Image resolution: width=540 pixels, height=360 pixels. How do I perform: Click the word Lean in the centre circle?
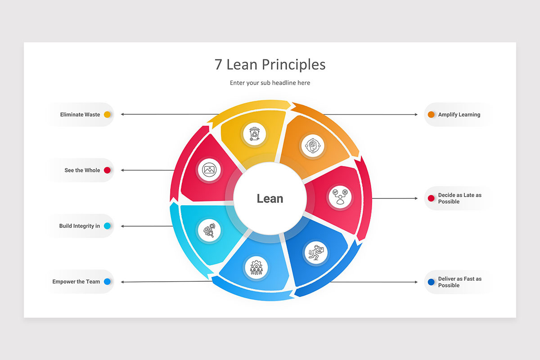[270, 199]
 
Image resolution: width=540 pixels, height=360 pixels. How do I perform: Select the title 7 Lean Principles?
[270, 65]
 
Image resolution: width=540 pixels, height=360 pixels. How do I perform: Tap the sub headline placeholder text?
[270, 83]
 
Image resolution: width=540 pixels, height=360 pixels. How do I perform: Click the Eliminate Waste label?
[80, 115]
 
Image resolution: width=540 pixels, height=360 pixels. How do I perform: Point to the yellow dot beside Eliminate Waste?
[107, 115]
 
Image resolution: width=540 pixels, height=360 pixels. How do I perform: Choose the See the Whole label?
[82, 170]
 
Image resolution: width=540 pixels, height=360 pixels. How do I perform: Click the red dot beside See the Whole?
[107, 170]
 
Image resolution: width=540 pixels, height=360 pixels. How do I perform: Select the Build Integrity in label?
[80, 226]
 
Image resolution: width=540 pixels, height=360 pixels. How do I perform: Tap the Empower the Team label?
[76, 282]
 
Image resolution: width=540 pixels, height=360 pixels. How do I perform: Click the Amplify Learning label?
[459, 115]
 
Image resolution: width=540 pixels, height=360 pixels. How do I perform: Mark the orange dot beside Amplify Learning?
[431, 115]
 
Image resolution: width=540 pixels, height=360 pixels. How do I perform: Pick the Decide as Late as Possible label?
[460, 198]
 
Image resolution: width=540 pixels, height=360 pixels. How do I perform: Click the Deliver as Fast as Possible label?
[460, 282]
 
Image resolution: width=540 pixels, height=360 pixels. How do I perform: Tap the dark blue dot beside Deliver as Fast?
[431, 282]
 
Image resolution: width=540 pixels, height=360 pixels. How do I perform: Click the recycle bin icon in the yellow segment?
[254, 134]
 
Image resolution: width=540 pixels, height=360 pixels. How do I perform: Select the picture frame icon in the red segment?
[209, 170]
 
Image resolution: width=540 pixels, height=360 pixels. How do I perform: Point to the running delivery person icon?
[316, 253]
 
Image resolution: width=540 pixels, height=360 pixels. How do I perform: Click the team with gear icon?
[256, 267]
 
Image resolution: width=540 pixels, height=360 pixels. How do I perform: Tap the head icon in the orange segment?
[313, 146]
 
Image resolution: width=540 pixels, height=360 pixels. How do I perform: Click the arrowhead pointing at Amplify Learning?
[416, 115]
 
